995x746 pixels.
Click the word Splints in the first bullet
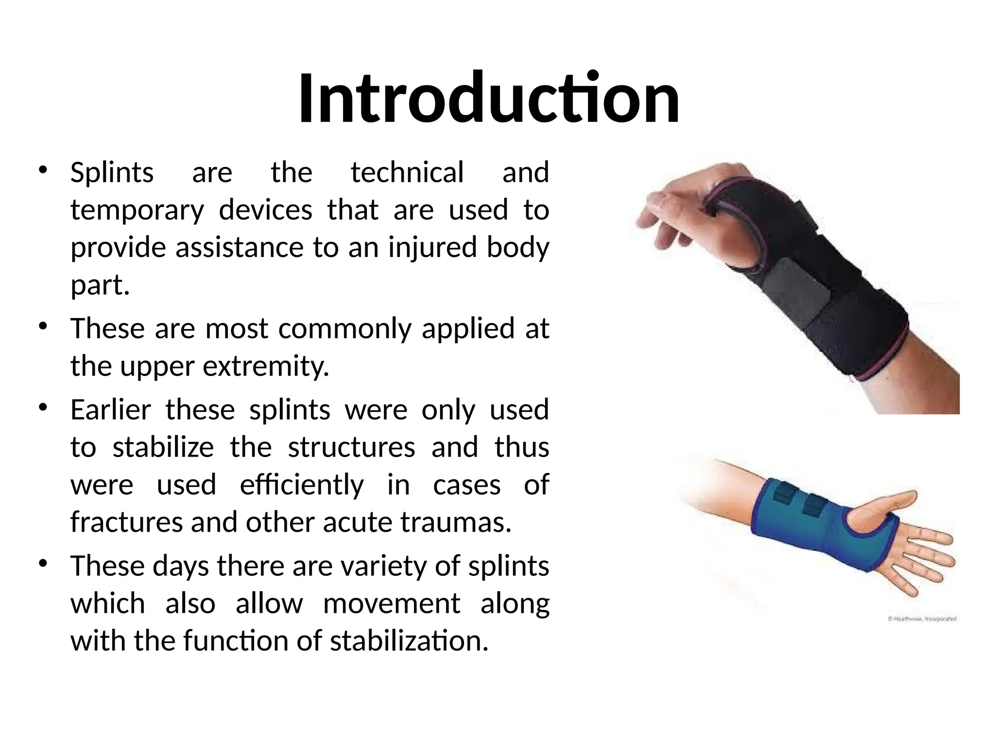click(112, 172)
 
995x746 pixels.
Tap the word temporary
click(137, 210)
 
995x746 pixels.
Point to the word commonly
click(344, 328)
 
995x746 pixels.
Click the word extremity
click(266, 366)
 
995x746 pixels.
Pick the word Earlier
click(111, 409)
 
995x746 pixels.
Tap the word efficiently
click(302, 485)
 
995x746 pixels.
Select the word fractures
click(126, 523)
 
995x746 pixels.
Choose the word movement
click(392, 604)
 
